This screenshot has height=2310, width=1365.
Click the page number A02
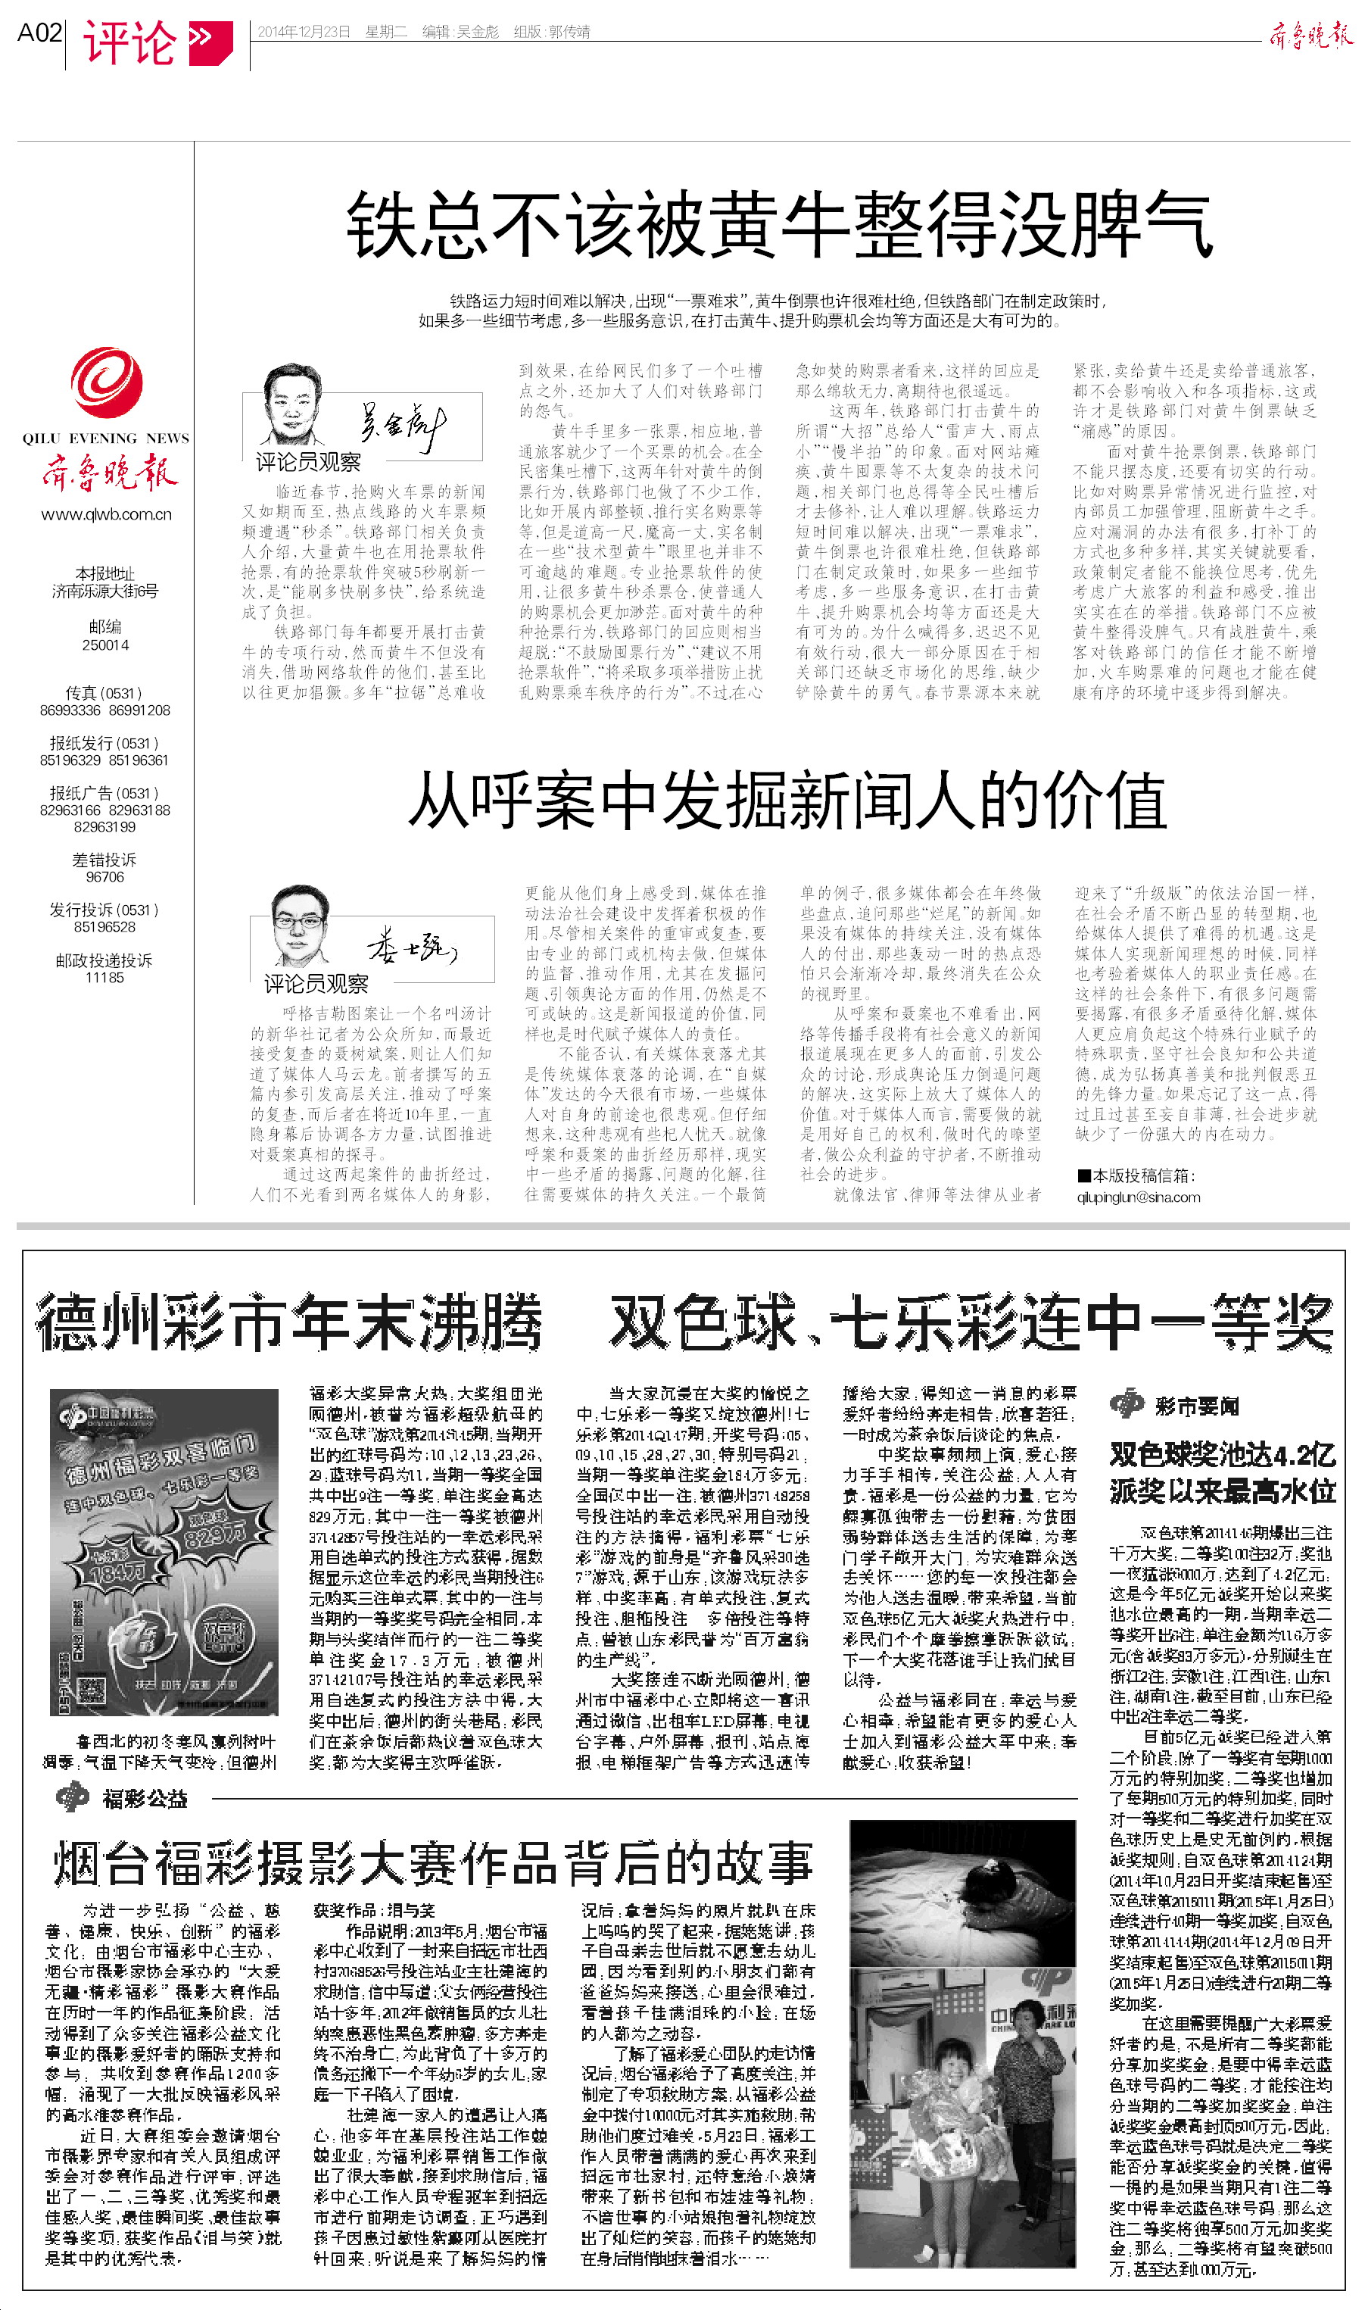(x=39, y=33)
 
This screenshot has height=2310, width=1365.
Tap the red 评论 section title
(x=129, y=42)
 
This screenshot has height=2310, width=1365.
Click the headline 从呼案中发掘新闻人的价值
(x=787, y=801)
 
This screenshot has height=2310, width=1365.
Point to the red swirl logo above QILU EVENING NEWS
(x=107, y=382)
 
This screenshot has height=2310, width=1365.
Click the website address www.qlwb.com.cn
(x=107, y=515)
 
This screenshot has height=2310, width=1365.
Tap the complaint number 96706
(x=105, y=878)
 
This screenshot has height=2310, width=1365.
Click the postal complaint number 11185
(x=105, y=978)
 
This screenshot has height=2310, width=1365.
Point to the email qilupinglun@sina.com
(x=1139, y=1197)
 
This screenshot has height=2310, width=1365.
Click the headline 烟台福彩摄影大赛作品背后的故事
(x=432, y=1864)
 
